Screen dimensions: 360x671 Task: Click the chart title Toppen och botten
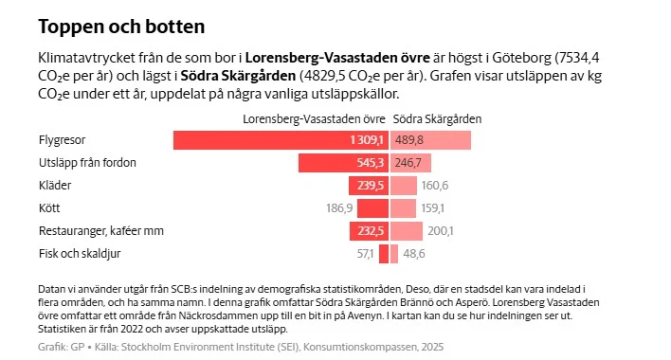[120, 26]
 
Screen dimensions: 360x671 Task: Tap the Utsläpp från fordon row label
[86, 163]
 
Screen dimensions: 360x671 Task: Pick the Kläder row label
[55, 186]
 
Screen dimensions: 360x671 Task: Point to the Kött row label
[49, 208]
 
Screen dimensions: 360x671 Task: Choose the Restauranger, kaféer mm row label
[100, 231]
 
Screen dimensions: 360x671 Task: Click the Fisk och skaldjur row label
[79, 254]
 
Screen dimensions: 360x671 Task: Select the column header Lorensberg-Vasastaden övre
[314, 119]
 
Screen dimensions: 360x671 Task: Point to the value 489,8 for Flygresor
[409, 140]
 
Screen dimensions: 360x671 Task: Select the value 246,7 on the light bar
[408, 163]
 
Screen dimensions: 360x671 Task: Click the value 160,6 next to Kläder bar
[435, 186]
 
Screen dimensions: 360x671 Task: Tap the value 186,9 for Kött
[339, 208]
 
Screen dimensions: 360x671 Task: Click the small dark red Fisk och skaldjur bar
[384, 254]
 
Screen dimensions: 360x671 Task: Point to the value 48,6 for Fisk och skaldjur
[414, 254]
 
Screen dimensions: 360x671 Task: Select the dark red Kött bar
[373, 208]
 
